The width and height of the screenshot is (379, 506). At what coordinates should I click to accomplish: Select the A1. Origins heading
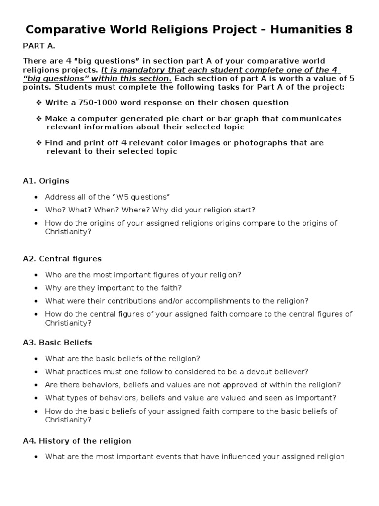pyautogui.click(x=46, y=181)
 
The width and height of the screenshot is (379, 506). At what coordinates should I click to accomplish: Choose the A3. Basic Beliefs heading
pyautogui.click(x=57, y=342)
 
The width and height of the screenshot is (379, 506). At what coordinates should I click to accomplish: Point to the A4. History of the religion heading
pyautogui.click(x=77, y=440)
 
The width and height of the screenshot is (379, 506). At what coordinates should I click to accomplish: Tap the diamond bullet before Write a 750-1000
pyautogui.click(x=39, y=103)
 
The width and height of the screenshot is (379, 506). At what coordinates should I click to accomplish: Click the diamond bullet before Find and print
pyautogui.click(x=39, y=143)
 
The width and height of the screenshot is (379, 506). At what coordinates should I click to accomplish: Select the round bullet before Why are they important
pyautogui.click(x=36, y=288)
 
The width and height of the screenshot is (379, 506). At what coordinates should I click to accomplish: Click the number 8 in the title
pyautogui.click(x=349, y=30)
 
